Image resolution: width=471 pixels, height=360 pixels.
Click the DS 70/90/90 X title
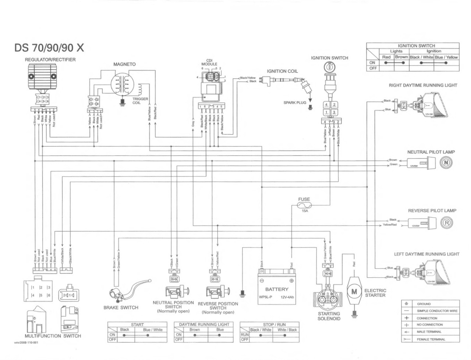(49, 48)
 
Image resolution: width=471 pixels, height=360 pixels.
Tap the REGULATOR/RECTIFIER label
(50, 60)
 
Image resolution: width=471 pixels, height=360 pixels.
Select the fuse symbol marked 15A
(304, 206)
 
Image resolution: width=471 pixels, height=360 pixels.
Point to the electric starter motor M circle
(354, 292)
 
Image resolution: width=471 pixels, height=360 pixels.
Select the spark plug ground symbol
(310, 107)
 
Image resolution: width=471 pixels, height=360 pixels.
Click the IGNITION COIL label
(282, 71)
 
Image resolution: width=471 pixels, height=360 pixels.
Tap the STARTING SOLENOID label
(329, 316)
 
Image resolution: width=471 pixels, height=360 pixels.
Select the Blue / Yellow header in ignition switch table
(446, 57)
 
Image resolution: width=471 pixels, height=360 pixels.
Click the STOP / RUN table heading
(269, 325)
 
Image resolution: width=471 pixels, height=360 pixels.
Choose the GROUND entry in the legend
(424, 304)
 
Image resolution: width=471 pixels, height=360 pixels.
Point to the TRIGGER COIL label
(140, 101)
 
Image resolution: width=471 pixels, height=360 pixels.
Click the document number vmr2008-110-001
(26, 342)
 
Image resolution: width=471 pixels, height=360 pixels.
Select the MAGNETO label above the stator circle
(124, 64)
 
